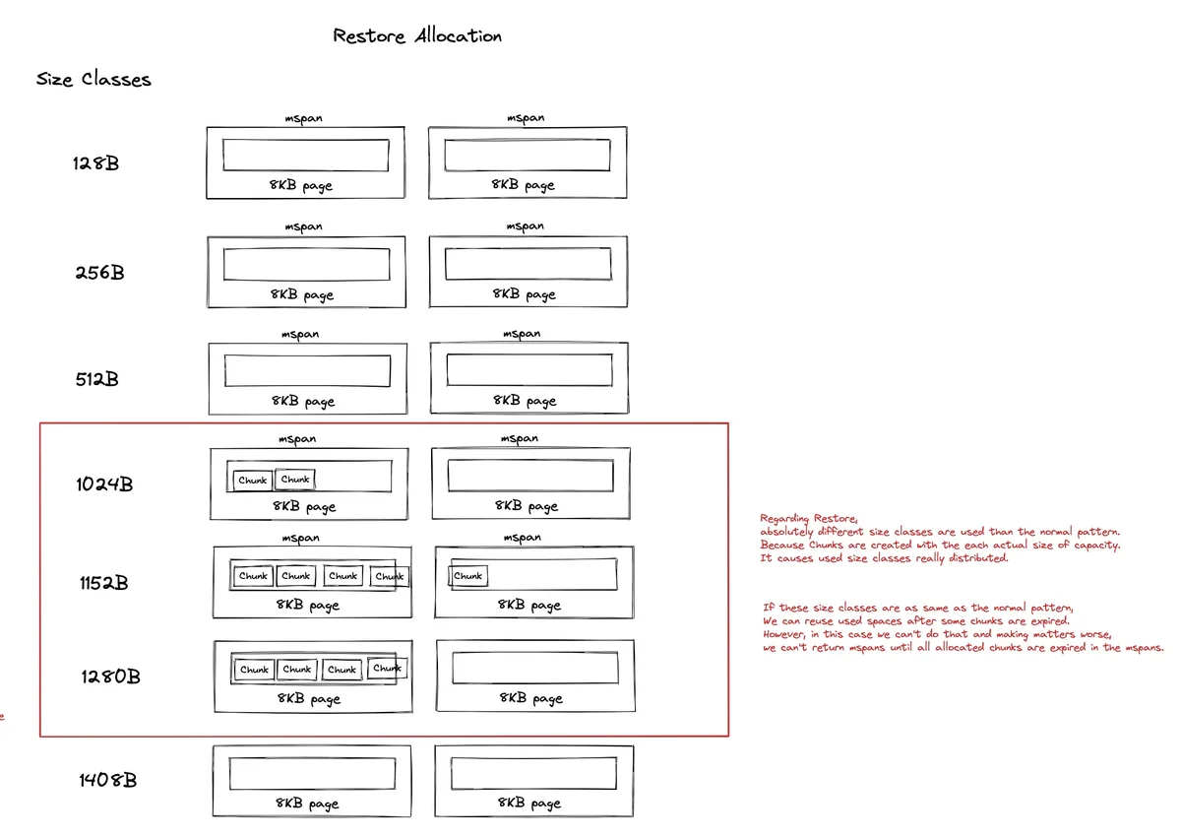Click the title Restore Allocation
point(417,36)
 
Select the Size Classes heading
point(93,80)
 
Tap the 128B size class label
point(95,163)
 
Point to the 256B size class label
point(99,273)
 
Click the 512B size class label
point(96,379)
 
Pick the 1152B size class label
point(103,583)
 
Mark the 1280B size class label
point(110,677)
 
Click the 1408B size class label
point(107,781)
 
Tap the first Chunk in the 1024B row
point(253,481)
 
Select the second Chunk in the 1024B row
point(295,480)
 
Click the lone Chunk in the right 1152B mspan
point(468,576)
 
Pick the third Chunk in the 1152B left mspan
point(342,576)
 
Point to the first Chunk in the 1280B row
point(254,670)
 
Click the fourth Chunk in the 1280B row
point(388,669)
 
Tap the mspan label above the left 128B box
point(303,118)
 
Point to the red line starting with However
point(936,634)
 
